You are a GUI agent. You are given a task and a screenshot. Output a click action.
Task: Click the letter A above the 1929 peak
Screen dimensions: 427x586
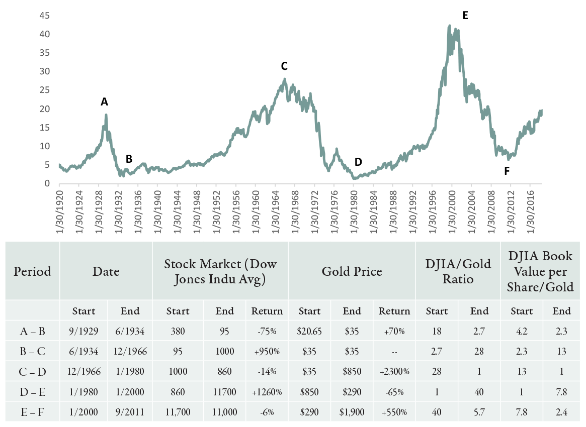point(104,102)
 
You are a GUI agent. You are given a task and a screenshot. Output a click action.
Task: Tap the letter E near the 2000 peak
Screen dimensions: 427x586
point(465,16)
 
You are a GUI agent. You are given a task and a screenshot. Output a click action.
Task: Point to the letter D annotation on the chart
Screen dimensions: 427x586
point(358,162)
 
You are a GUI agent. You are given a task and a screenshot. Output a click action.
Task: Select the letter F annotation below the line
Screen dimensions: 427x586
point(507,171)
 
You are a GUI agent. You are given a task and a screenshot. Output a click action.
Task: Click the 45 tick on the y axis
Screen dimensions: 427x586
point(44,16)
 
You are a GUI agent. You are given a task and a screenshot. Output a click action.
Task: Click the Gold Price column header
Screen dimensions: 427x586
point(352,271)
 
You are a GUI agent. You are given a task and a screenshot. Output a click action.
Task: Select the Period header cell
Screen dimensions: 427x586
point(33,271)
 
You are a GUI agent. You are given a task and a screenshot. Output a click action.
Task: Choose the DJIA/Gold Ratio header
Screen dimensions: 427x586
point(458,271)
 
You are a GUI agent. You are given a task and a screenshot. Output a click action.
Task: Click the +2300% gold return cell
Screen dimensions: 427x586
point(394,372)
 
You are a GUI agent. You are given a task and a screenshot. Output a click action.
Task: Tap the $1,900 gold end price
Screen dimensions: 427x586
point(352,412)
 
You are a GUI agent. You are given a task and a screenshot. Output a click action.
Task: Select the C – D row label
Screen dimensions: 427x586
point(32,372)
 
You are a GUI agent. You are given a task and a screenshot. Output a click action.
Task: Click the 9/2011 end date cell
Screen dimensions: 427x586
point(130,412)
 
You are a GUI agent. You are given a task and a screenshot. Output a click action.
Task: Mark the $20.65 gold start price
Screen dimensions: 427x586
point(309,332)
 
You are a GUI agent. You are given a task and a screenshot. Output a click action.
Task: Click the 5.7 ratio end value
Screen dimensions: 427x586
point(479,412)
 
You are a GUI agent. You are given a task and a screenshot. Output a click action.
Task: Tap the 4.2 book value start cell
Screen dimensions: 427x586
point(522,332)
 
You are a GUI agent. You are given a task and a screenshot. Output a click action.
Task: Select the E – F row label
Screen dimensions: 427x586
point(32,412)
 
